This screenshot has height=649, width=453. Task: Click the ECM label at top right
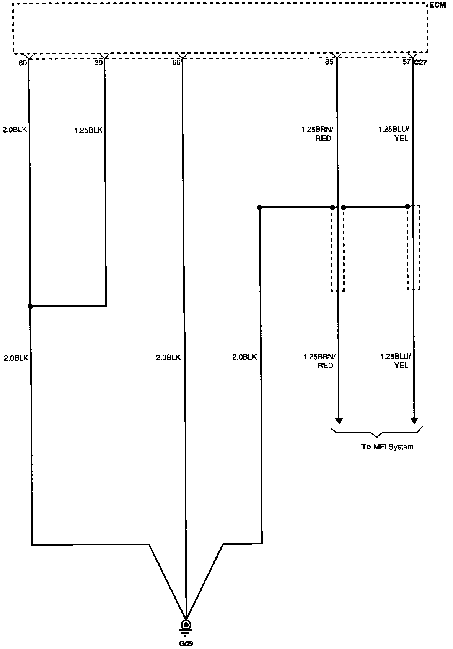(x=437, y=5)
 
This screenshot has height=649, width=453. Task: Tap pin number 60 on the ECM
(x=23, y=63)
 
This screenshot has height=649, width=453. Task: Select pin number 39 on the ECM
(x=98, y=63)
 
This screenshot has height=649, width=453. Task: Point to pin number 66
(x=176, y=63)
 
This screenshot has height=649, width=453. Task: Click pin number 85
(x=329, y=62)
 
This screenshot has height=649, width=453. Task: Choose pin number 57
(x=406, y=62)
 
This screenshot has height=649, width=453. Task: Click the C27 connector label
(x=420, y=63)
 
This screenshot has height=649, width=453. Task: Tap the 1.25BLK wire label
(x=88, y=130)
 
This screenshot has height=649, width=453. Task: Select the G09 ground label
(x=186, y=644)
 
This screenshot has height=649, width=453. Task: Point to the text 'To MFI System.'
(x=388, y=446)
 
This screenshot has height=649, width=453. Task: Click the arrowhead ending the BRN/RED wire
(x=339, y=421)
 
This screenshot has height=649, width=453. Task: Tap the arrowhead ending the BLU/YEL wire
(x=414, y=421)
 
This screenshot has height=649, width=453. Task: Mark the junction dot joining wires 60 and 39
(x=30, y=306)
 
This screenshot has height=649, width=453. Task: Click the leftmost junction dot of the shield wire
(x=259, y=208)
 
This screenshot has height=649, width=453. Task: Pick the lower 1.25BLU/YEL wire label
(x=395, y=361)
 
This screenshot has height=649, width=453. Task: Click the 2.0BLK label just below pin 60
(x=15, y=130)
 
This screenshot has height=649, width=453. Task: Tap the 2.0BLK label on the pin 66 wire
(x=168, y=358)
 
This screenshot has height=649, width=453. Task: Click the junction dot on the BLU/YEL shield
(x=407, y=207)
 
